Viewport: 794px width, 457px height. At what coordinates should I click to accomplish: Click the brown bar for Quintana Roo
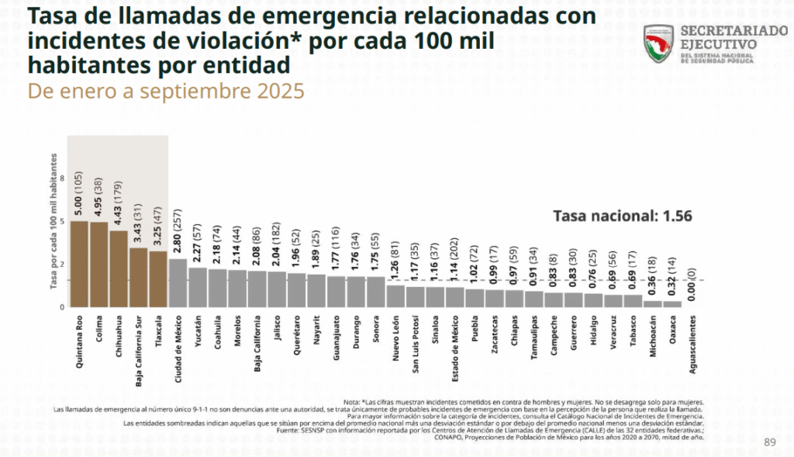coord(79,265)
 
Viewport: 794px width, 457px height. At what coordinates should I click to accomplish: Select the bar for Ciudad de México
coord(178,283)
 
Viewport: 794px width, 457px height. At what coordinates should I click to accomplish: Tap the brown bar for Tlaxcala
coord(158,279)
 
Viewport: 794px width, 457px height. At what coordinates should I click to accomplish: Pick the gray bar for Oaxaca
coord(671,304)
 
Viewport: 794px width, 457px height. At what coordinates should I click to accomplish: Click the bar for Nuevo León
coord(395,296)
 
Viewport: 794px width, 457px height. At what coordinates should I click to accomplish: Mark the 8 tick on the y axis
coord(61,178)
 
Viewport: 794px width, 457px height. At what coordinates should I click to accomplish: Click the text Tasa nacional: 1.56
coord(621,216)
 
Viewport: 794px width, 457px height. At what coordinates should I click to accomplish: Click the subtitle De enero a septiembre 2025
coord(166,91)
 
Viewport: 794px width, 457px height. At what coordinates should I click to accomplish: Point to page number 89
coord(769,442)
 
